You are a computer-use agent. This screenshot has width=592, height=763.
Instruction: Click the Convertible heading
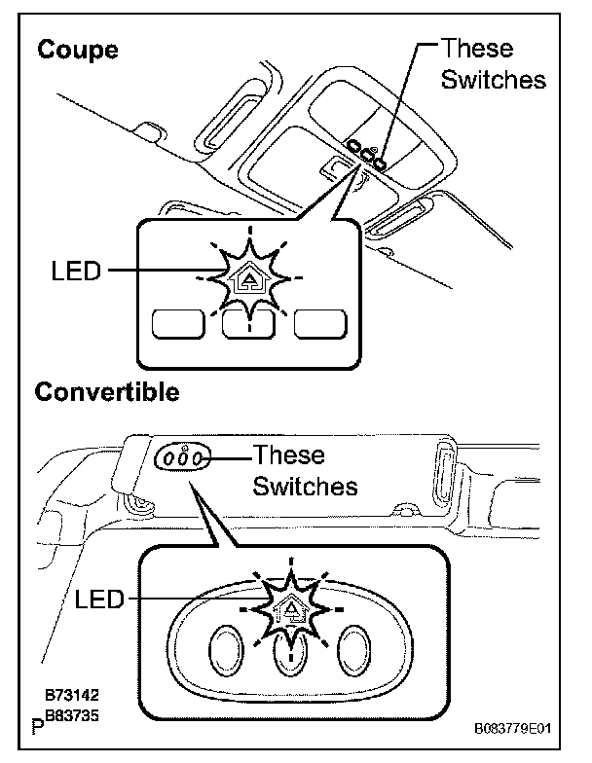click(107, 392)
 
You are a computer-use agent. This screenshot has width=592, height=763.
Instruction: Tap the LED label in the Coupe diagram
click(75, 272)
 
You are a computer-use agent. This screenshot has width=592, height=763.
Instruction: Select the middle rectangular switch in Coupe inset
click(248, 324)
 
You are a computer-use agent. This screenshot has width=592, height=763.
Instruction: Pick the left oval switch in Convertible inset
click(225, 646)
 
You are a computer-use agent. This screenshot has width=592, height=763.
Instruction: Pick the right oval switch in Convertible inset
click(354, 646)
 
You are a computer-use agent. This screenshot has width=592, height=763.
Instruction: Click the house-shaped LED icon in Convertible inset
click(289, 610)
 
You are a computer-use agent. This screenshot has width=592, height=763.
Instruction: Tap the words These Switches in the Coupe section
click(493, 64)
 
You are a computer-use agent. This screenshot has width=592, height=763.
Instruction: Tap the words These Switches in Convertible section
click(304, 470)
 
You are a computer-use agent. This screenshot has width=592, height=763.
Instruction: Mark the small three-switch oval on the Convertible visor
click(183, 456)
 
